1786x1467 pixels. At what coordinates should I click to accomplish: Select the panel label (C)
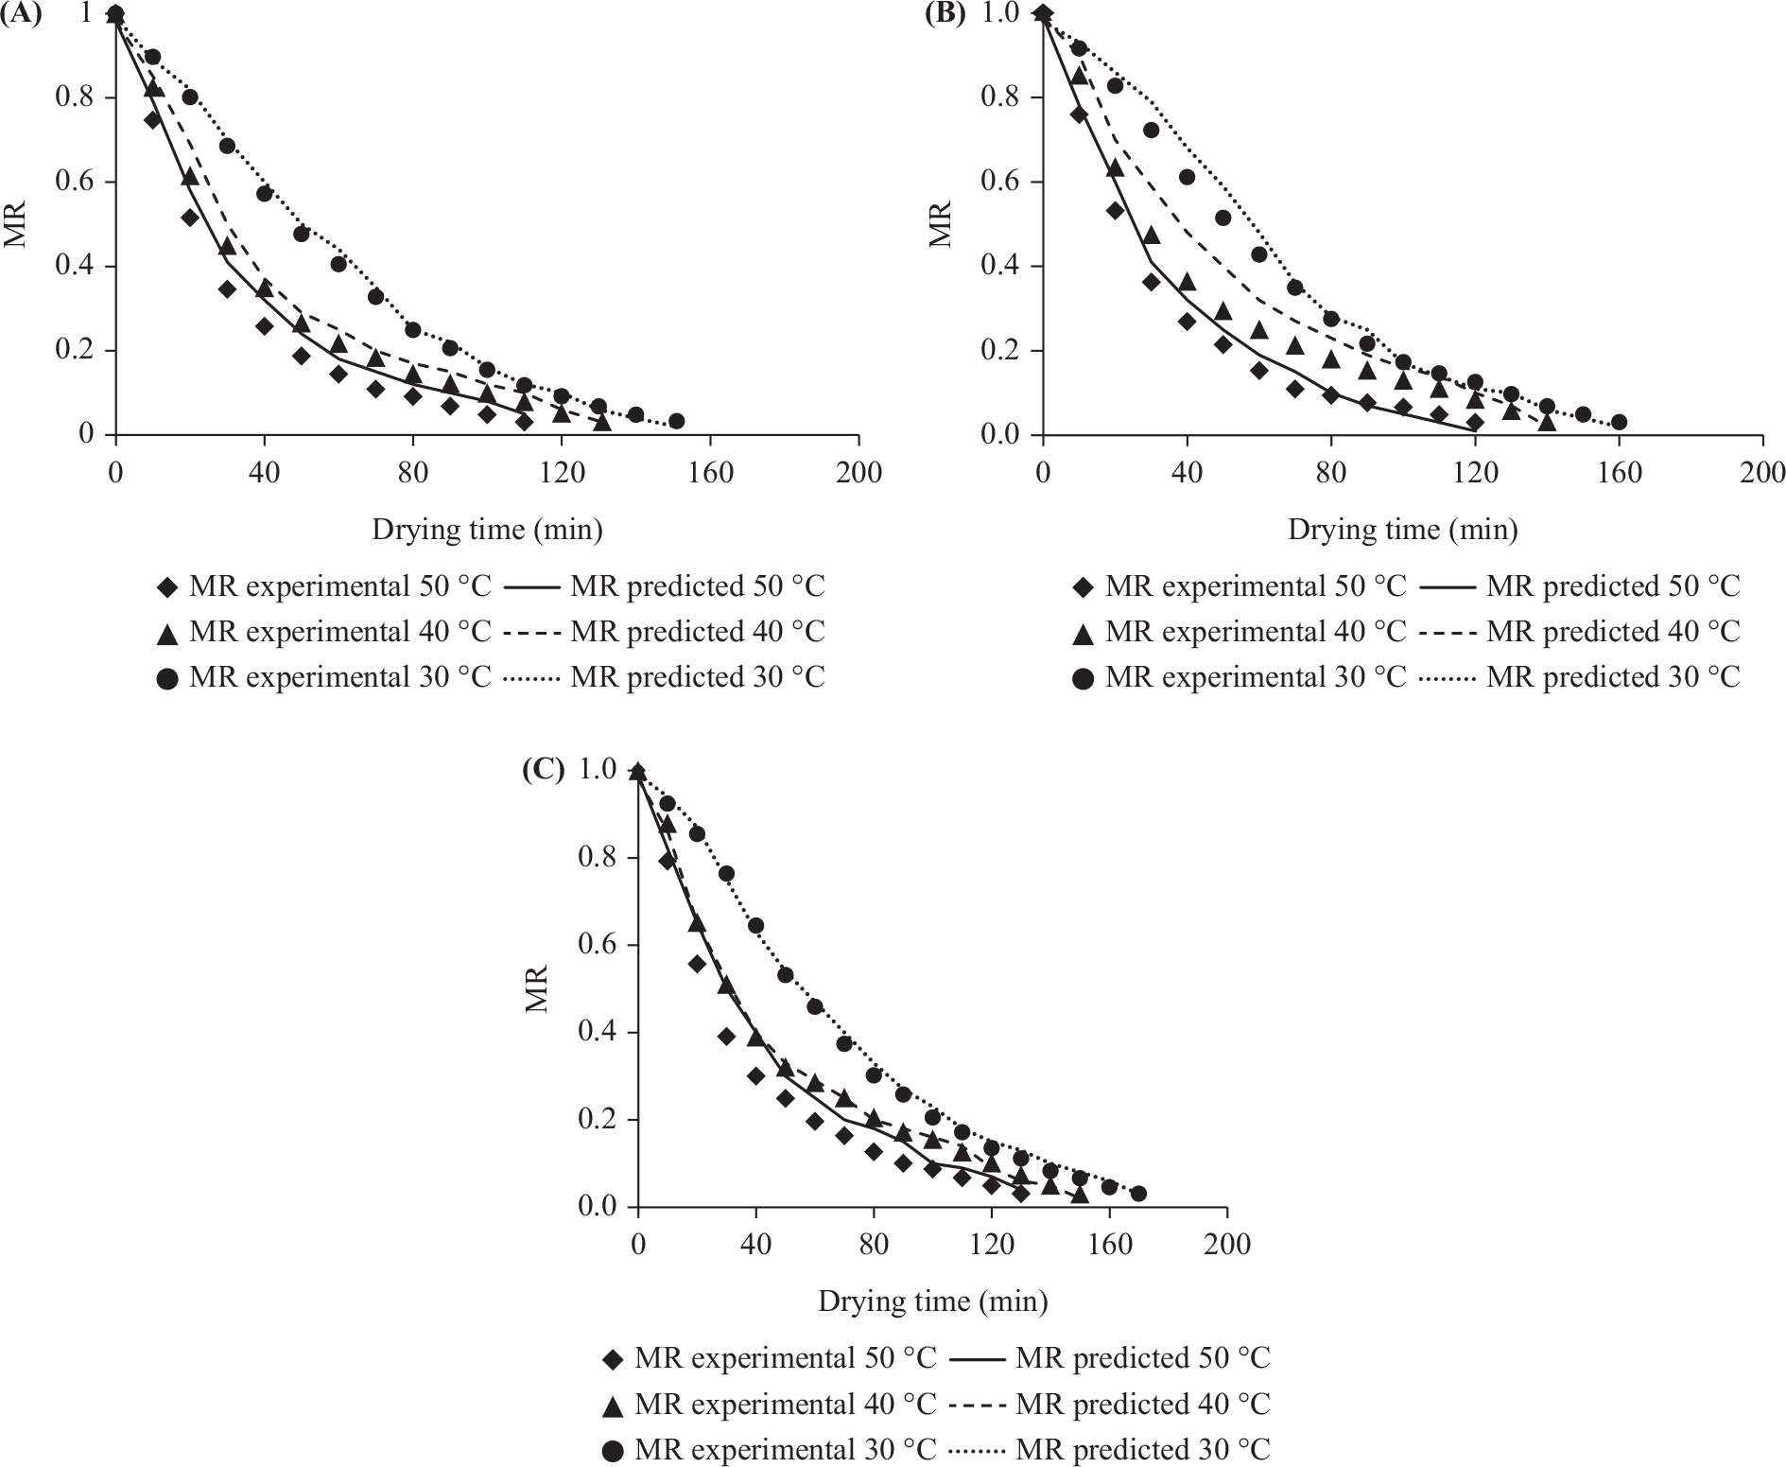(544, 771)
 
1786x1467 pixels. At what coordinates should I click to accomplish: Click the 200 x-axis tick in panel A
(858, 471)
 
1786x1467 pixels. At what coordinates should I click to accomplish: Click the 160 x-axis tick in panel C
(1109, 1243)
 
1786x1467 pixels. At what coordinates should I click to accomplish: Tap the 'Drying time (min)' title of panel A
(487, 530)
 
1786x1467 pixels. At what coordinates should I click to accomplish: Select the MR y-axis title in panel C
(537, 989)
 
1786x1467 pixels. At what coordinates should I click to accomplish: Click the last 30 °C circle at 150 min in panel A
(676, 421)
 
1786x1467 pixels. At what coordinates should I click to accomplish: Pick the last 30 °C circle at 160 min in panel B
(1619, 422)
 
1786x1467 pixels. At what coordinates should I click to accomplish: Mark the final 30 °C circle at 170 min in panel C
(1138, 1194)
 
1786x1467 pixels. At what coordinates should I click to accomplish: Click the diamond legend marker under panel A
(168, 587)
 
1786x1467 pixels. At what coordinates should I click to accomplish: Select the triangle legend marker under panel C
(613, 1406)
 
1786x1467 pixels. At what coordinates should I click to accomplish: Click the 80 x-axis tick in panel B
(1331, 471)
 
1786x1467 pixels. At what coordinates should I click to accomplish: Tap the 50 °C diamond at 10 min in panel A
(152, 119)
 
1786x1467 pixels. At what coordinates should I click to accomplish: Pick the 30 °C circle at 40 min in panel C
(756, 925)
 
